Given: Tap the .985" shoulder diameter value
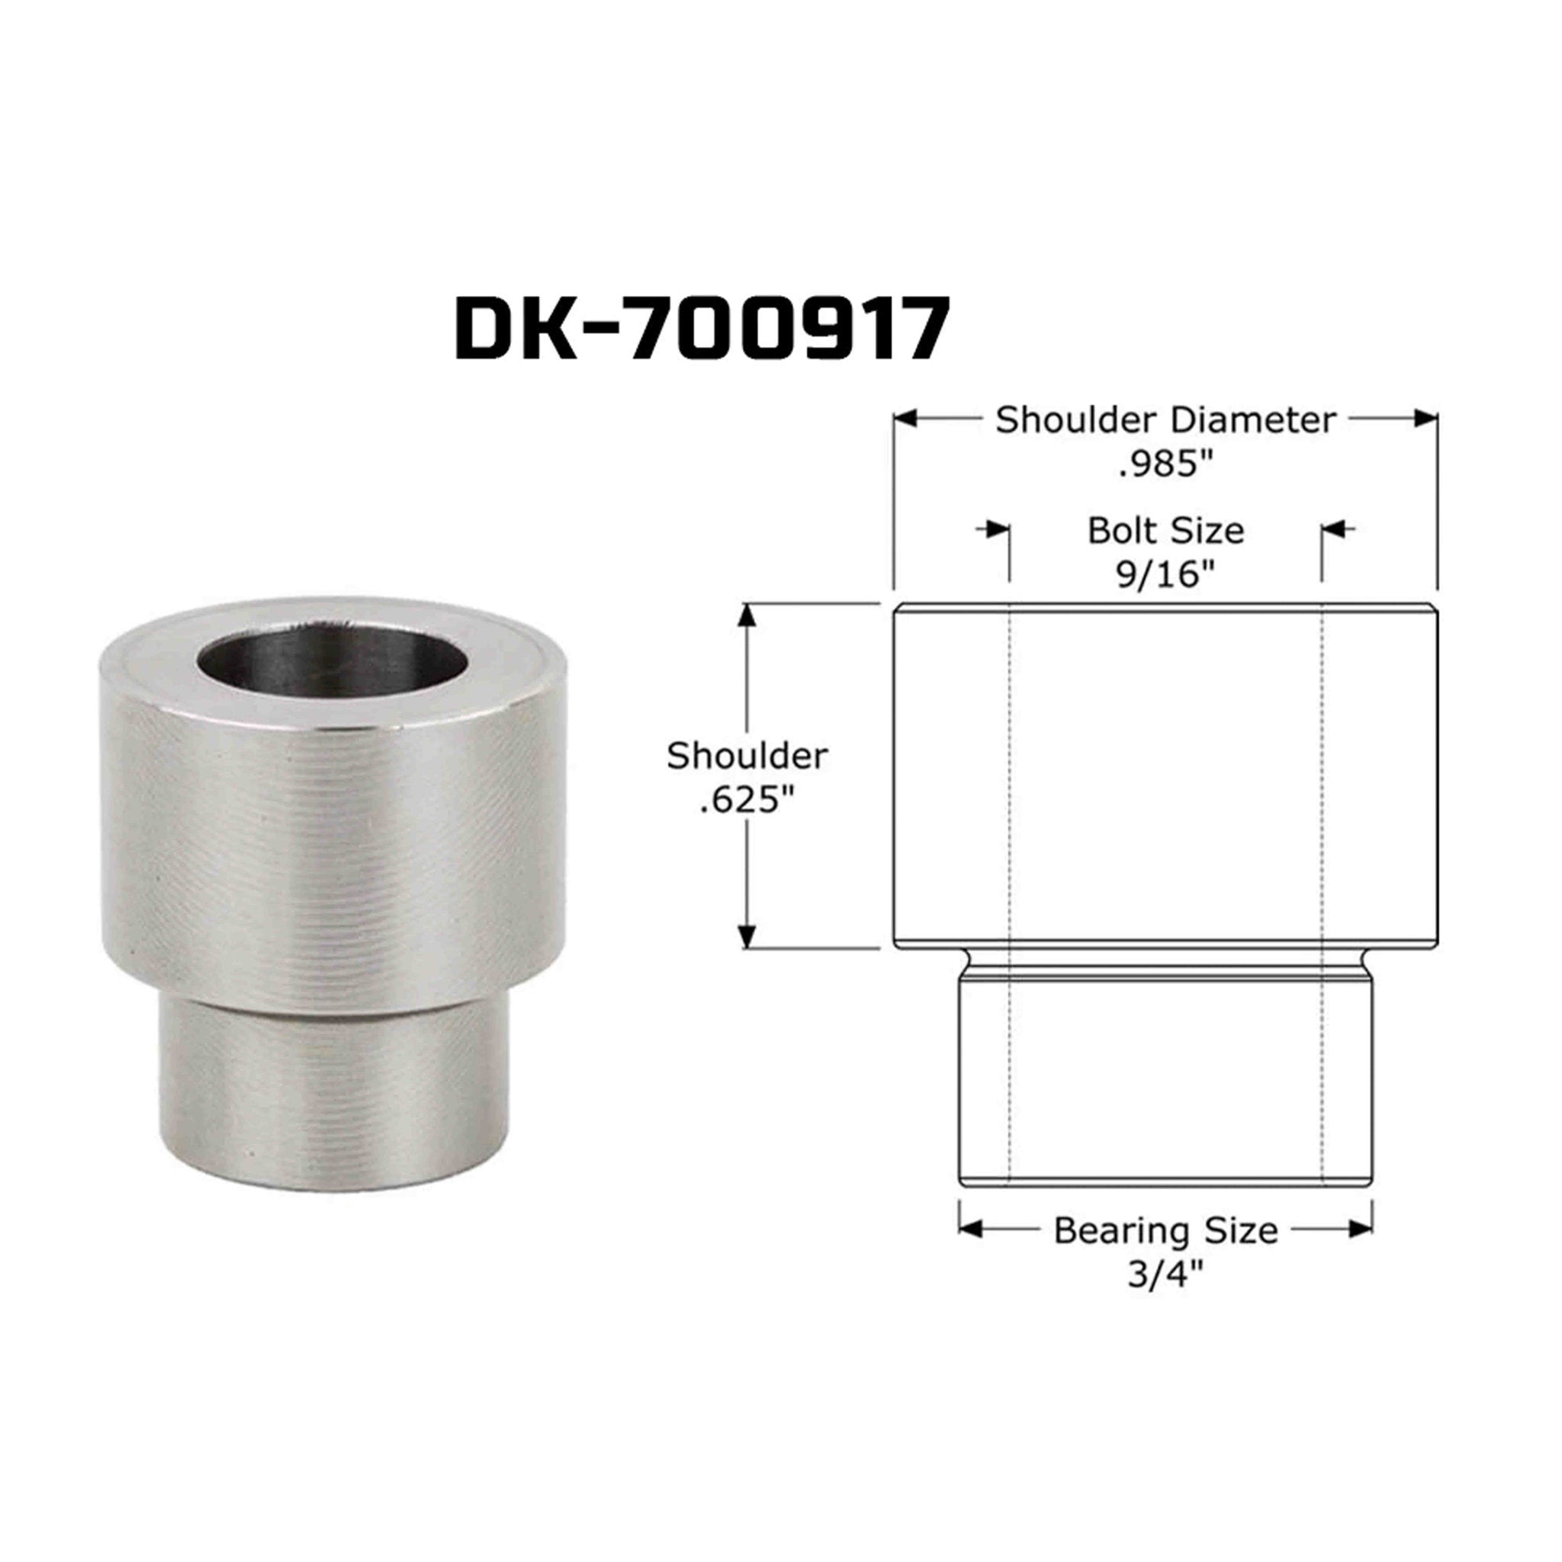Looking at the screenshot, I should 1165,465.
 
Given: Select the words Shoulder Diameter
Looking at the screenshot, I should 1165,420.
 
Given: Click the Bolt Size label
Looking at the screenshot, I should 1165,531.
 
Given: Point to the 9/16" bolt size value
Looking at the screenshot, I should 1165,575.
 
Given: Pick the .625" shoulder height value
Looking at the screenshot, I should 747,802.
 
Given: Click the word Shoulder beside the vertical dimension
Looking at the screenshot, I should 747,757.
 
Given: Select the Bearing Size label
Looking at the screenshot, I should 1165,1230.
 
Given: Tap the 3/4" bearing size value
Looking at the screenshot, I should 1165,1275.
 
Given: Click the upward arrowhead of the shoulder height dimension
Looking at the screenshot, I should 748,616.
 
